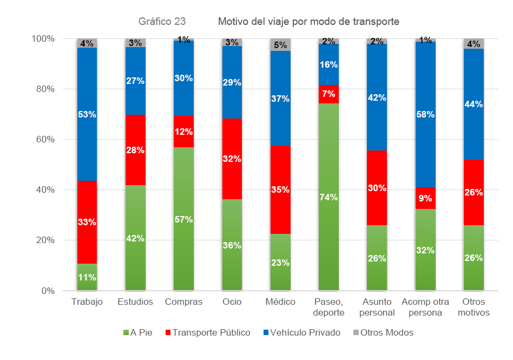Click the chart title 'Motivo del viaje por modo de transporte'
[308, 22]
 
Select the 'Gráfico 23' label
[162, 22]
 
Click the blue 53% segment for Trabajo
[87, 114]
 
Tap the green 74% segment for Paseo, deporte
[328, 197]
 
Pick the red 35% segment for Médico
[280, 189]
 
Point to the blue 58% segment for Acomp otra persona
[425, 114]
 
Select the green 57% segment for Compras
[183, 219]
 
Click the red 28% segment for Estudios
[135, 150]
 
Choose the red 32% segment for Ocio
[232, 159]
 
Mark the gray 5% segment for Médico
[280, 45]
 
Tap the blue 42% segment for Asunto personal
[377, 98]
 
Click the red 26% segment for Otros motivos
[473, 192]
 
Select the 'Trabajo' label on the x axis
[87, 302]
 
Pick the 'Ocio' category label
[232, 302]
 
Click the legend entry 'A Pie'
[137, 332]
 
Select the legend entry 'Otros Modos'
[386, 332]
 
